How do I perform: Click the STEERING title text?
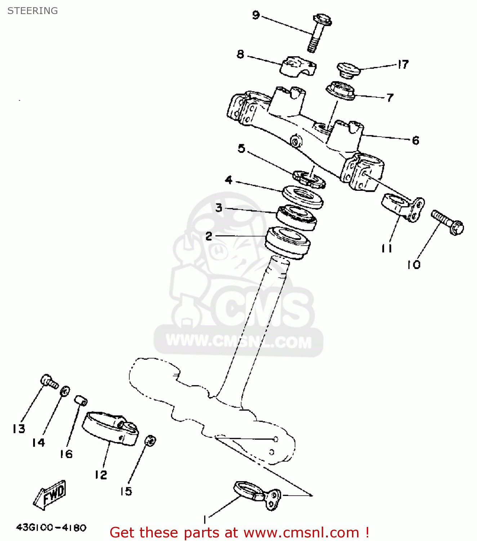32,11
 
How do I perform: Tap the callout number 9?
256,15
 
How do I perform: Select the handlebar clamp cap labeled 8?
298,66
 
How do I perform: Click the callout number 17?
403,65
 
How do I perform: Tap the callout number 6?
415,140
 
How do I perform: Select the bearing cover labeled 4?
302,196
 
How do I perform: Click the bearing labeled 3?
297,217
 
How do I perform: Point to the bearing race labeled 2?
287,242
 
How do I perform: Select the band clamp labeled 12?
110,428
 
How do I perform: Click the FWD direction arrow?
50,495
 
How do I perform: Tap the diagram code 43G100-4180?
51,527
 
